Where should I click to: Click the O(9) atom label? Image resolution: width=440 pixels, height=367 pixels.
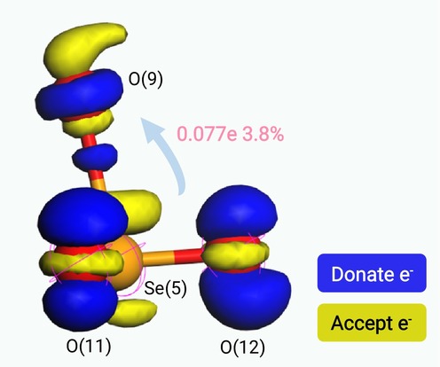pyautogui.click(x=145, y=79)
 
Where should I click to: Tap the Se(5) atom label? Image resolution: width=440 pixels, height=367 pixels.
pyautogui.click(x=165, y=287)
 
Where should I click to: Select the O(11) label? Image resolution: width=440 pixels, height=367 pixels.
pyautogui.click(x=89, y=346)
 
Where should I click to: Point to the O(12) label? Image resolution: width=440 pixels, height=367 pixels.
pyautogui.click(x=242, y=347)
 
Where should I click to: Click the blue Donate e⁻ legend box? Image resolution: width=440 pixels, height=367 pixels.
pyautogui.click(x=372, y=273)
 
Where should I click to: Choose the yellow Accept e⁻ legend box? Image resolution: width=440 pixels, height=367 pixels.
pyautogui.click(x=372, y=323)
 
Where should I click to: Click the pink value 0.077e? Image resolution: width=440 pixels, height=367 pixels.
pyautogui.click(x=207, y=134)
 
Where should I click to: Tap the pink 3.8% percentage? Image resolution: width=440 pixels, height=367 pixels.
pyautogui.click(x=263, y=134)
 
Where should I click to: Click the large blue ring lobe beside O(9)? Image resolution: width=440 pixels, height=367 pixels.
pyautogui.click(x=79, y=94)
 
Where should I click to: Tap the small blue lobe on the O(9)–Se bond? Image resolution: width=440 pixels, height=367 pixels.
pyautogui.click(x=95, y=158)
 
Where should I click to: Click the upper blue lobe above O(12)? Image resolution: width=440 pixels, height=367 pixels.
pyautogui.click(x=237, y=211)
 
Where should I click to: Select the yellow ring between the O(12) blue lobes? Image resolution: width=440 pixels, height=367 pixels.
pyautogui.click(x=236, y=254)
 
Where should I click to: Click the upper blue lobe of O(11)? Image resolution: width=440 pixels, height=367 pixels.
pyautogui.click(x=82, y=219)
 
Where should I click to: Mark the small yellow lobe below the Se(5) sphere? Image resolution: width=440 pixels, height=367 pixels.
pyautogui.click(x=133, y=312)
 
